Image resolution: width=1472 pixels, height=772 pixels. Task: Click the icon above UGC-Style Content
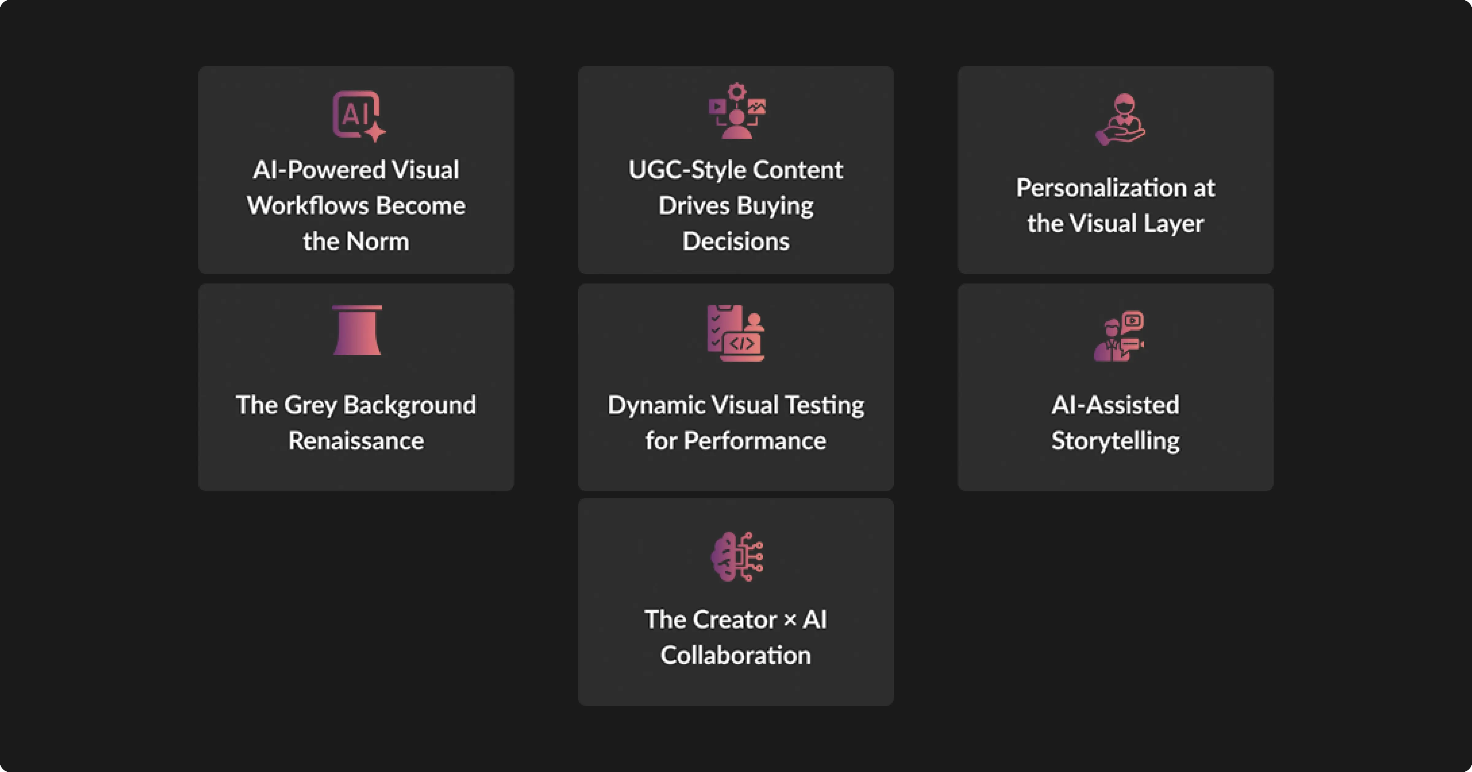coord(737,111)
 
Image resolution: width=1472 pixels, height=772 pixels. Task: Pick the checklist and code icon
coord(735,333)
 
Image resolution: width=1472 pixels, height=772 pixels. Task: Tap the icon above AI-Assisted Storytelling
coord(1119,336)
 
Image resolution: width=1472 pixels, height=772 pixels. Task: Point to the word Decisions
coord(736,241)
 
